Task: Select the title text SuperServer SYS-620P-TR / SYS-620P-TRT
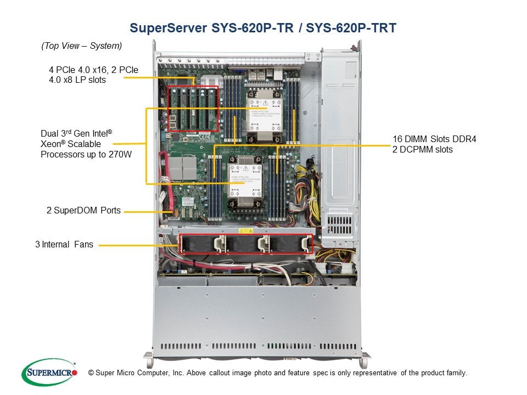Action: click(262, 28)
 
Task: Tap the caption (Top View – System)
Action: click(81, 46)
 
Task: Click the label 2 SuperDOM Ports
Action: click(84, 210)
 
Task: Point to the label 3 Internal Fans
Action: click(64, 245)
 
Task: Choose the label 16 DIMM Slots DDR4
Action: click(434, 139)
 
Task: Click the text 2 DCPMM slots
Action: click(422, 149)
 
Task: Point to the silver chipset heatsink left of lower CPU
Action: click(182, 168)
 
